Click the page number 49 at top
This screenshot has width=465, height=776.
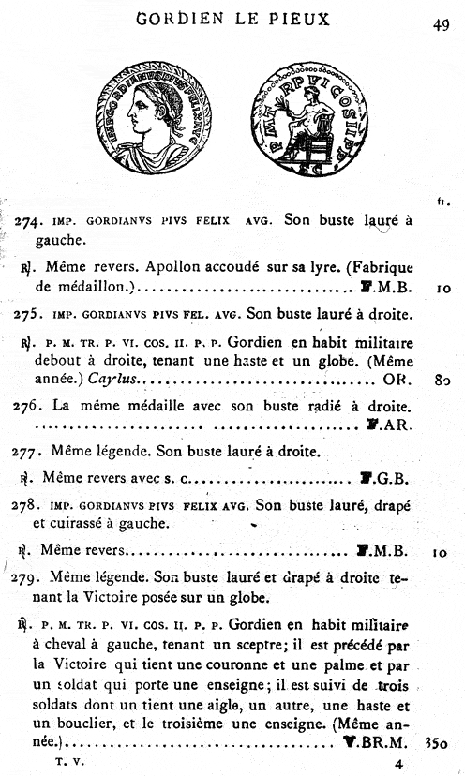pos(442,26)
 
